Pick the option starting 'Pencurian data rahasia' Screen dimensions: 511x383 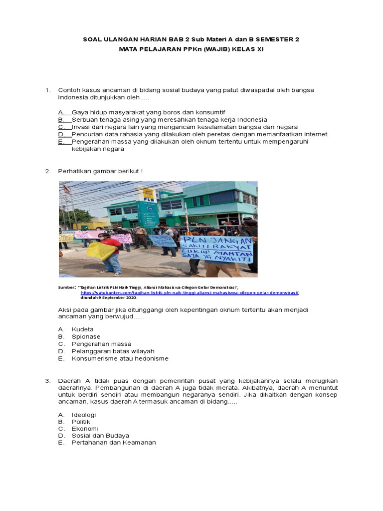[199, 134]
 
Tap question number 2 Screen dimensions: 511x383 [48, 171]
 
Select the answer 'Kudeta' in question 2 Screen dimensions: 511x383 [82, 329]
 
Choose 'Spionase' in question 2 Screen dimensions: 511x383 [86, 337]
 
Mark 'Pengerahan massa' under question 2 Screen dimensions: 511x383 [101, 344]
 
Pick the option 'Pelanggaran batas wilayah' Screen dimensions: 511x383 [113, 351]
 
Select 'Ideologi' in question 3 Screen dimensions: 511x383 [84, 415]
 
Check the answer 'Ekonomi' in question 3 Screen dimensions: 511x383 [85, 429]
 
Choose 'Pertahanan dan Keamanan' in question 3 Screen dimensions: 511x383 [113, 443]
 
